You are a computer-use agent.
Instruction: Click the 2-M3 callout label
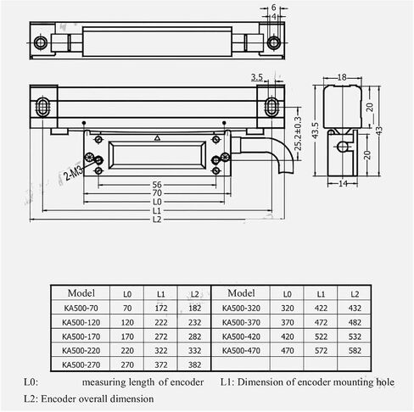tap(74, 173)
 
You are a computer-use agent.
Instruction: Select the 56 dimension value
tap(157, 185)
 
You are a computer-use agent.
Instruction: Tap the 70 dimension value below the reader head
tap(157, 193)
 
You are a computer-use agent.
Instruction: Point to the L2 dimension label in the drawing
tap(157, 220)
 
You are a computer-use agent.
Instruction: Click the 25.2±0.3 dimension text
tap(298, 134)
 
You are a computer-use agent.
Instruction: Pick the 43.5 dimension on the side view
tap(315, 131)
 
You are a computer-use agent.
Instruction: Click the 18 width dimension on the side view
tap(342, 77)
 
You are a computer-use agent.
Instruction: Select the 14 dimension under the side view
tap(343, 184)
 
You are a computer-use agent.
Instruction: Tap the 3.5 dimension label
tap(257, 77)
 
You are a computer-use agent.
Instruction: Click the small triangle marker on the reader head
tap(158, 138)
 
